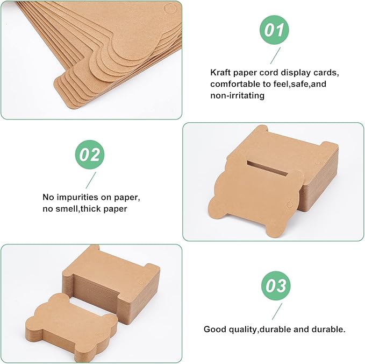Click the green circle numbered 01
click(274, 30)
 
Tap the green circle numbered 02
click(90, 155)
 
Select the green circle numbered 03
click(276, 285)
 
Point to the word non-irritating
click(237, 96)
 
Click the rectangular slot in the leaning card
click(268, 168)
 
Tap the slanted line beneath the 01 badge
click(275, 55)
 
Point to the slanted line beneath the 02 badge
click(91, 180)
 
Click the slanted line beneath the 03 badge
click(277, 311)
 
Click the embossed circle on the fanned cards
click(170, 9)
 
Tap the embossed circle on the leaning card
click(290, 205)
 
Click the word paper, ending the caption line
click(127, 198)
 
